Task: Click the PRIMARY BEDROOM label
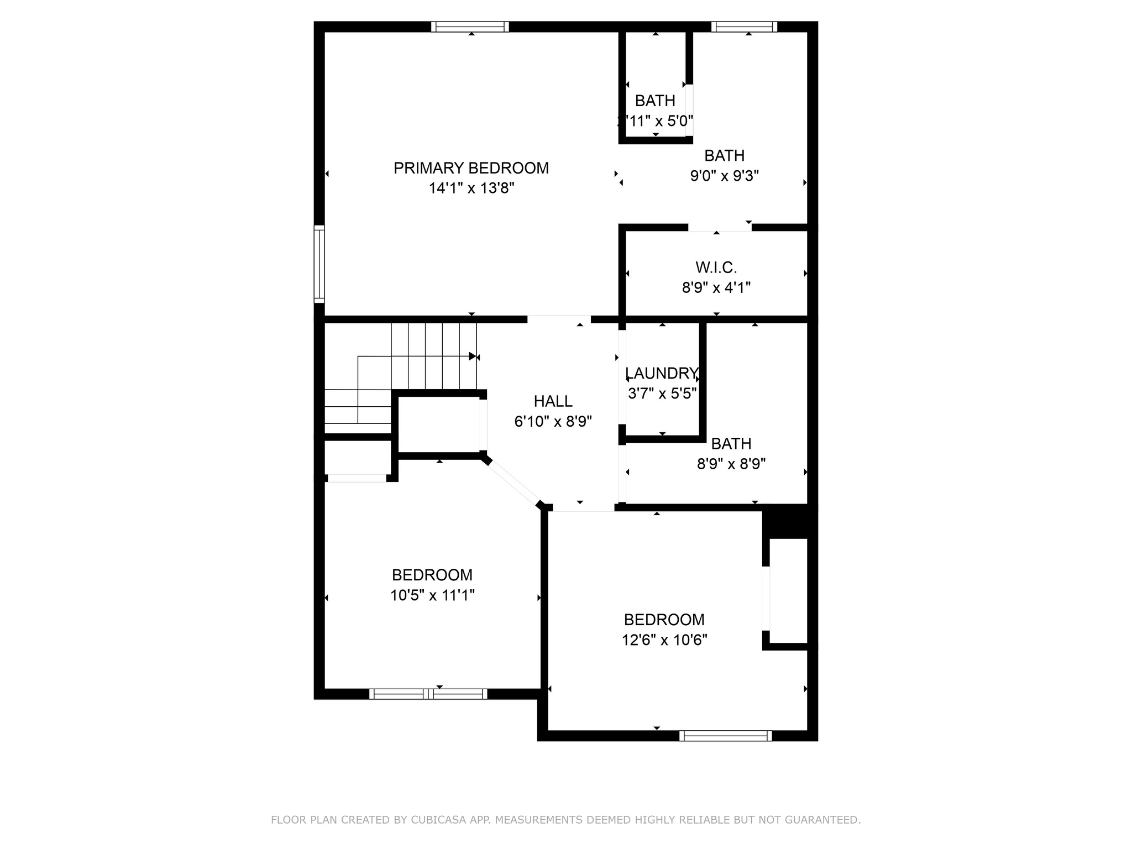(x=471, y=168)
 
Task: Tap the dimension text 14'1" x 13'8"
(x=471, y=188)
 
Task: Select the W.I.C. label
(x=716, y=268)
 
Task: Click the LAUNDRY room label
(x=662, y=373)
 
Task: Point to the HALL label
(x=553, y=401)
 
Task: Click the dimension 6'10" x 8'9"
(x=553, y=422)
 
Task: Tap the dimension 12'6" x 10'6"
(x=664, y=640)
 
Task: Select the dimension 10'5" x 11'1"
(x=432, y=595)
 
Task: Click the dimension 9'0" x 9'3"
(x=724, y=176)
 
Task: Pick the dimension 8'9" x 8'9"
(x=731, y=464)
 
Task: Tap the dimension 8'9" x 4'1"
(x=716, y=288)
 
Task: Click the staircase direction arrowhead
(x=472, y=356)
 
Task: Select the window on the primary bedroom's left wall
(x=319, y=264)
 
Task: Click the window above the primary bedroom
(x=470, y=27)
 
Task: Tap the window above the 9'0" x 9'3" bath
(x=744, y=27)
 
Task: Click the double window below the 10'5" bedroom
(x=428, y=694)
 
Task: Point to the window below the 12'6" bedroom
(x=725, y=736)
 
